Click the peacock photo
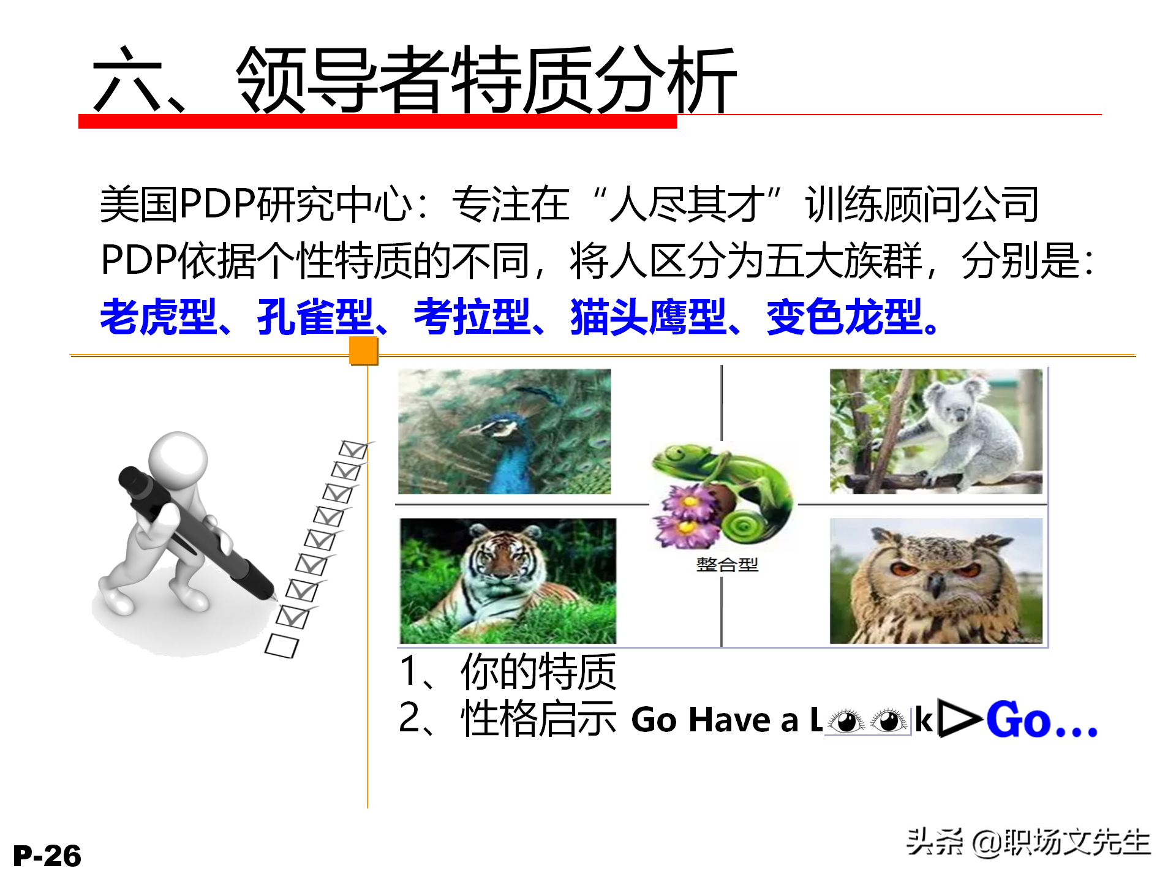pos(504,431)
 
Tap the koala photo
pos(935,431)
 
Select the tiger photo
pos(508,581)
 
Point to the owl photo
pos(935,581)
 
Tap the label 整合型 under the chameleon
pos(727,564)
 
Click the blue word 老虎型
pos(158,317)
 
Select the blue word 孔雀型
pos(315,317)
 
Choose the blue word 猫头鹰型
pos(648,317)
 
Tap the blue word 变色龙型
pos(844,317)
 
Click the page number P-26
pos(47,856)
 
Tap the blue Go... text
pos(1041,720)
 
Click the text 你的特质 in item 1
pos(538,672)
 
